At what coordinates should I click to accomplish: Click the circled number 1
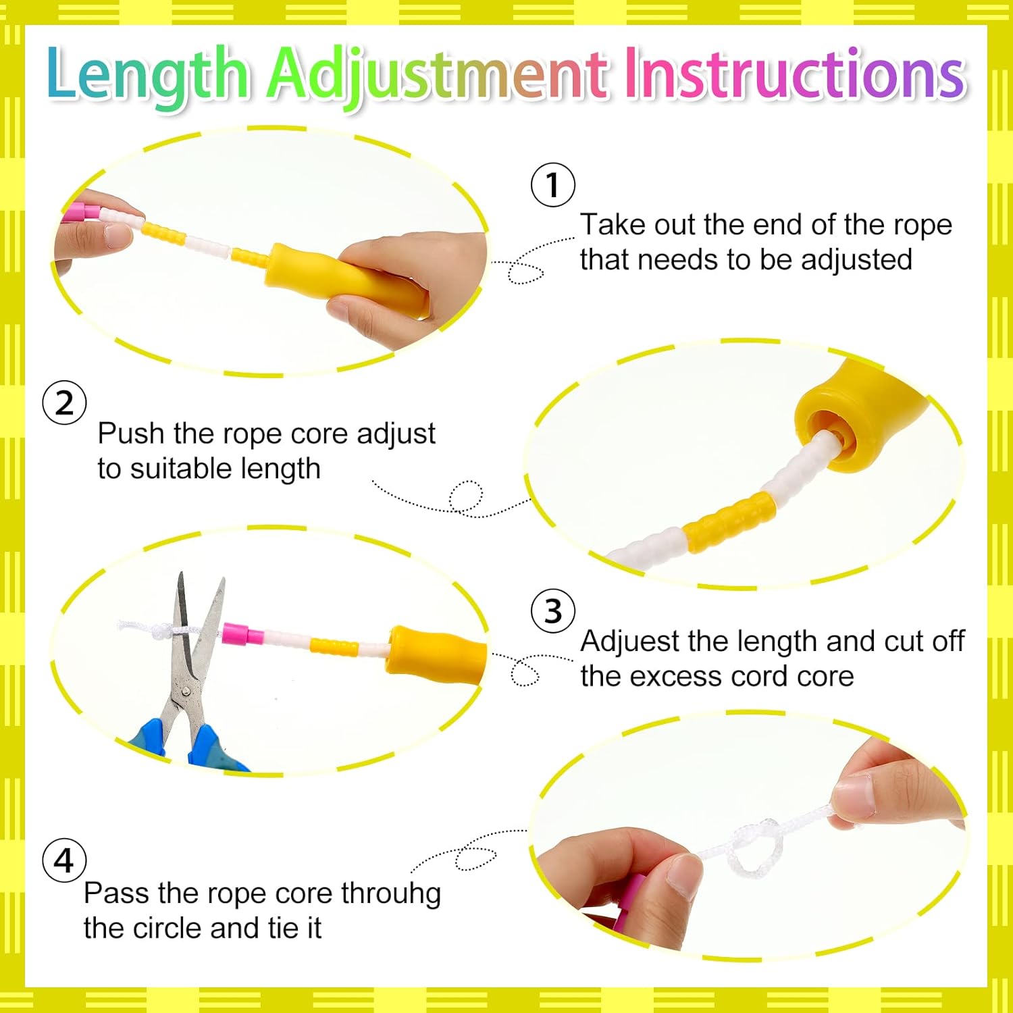[552, 184]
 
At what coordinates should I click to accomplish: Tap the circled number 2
[64, 402]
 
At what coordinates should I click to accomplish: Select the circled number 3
[553, 611]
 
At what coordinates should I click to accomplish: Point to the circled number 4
[64, 860]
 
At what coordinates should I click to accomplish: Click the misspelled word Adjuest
[629, 642]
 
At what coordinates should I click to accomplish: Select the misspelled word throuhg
[391, 894]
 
